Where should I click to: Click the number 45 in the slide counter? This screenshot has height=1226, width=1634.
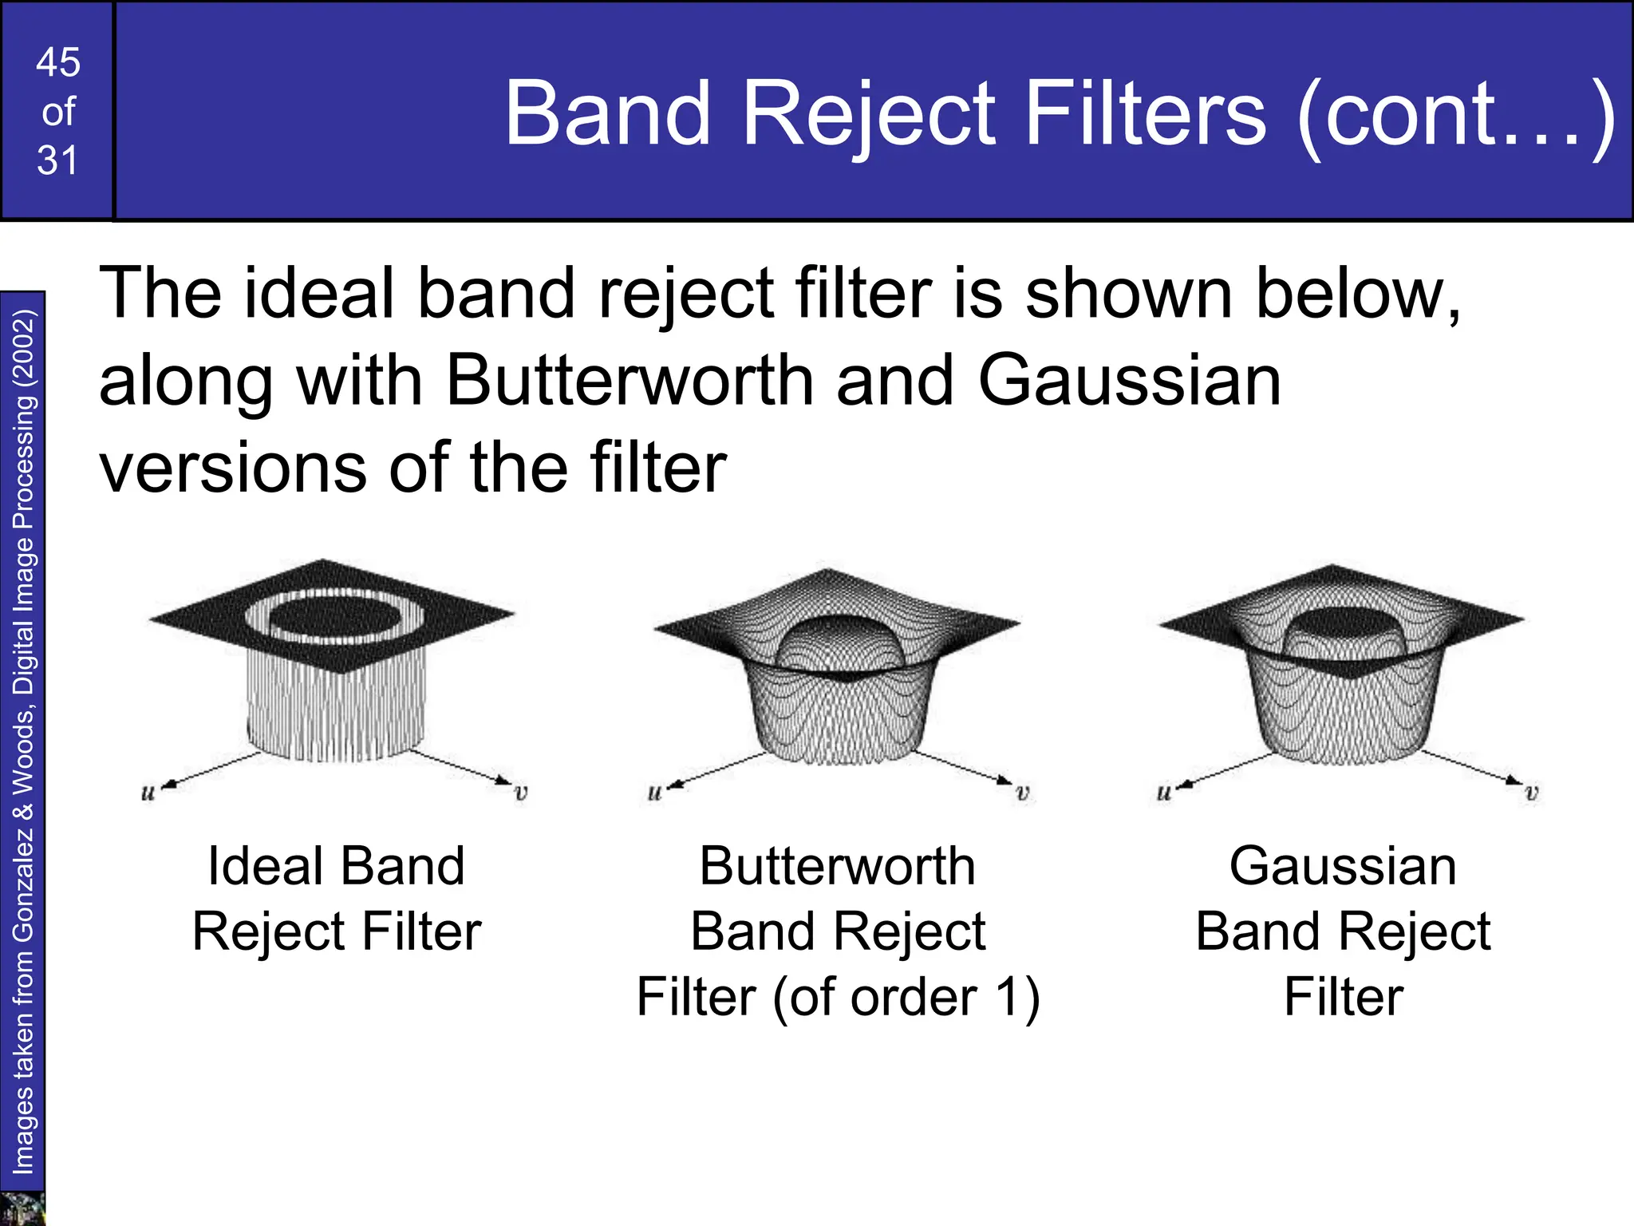click(58, 62)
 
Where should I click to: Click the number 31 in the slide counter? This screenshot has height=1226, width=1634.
click(58, 160)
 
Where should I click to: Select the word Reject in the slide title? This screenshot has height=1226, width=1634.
click(870, 113)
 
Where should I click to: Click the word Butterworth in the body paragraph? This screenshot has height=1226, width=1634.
click(630, 381)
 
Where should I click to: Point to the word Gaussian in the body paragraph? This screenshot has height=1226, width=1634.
click(1129, 381)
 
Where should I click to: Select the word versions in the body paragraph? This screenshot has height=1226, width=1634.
click(232, 469)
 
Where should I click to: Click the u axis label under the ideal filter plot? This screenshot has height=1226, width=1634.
click(148, 793)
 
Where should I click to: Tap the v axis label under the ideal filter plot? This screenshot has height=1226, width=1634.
click(521, 793)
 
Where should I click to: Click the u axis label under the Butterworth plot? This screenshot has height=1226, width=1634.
click(654, 793)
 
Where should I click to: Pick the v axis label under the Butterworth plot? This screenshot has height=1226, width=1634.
click(1022, 793)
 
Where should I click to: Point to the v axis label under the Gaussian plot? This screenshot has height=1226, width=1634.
click(1531, 793)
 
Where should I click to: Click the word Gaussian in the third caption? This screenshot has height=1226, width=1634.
click(1343, 866)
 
